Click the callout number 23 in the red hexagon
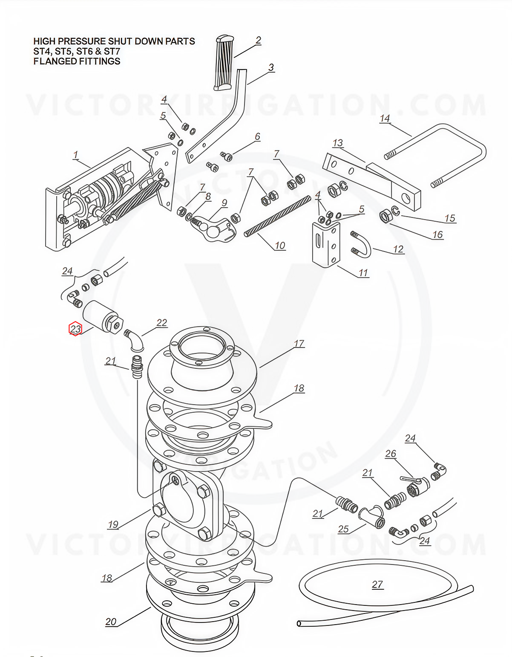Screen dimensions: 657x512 click(x=75, y=329)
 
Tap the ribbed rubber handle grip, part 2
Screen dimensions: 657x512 click(x=225, y=62)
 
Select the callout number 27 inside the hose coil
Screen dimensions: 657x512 click(x=377, y=584)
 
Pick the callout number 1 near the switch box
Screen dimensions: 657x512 click(x=76, y=154)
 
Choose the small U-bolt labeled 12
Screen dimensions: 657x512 click(x=360, y=245)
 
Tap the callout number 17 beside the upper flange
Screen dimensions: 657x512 click(x=299, y=343)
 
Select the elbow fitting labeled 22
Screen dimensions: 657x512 click(x=135, y=339)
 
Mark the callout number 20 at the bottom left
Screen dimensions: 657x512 click(x=111, y=622)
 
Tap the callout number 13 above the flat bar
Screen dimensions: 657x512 click(x=338, y=143)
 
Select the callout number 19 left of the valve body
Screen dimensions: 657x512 click(x=113, y=524)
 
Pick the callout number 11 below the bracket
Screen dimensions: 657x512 click(x=363, y=272)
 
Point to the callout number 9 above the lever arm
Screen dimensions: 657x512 click(x=224, y=203)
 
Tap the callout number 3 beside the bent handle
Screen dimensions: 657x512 click(x=271, y=67)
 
